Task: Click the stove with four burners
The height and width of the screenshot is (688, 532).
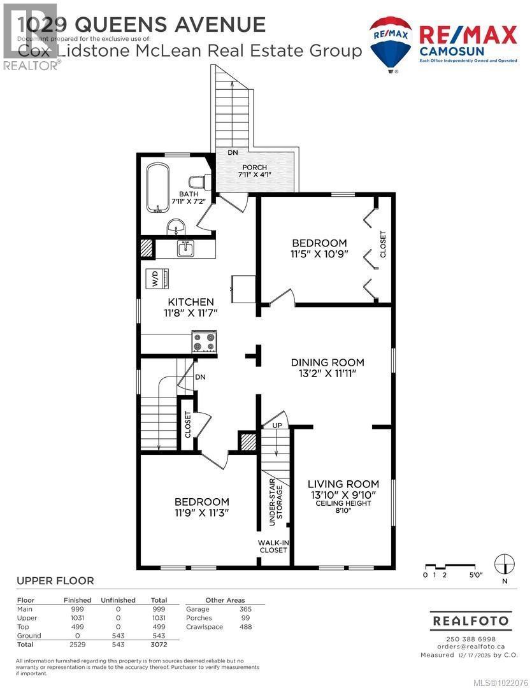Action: tap(205, 342)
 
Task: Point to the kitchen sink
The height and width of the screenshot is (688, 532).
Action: tap(185, 248)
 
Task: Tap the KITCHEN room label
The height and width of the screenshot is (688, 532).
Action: tap(191, 302)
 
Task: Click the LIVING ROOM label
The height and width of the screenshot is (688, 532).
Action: tap(343, 484)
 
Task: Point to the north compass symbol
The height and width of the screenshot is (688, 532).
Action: tap(505, 563)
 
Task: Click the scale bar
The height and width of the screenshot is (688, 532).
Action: tap(453, 566)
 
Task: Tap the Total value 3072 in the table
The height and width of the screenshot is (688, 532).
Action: tap(159, 645)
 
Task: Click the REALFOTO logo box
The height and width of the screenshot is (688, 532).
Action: tap(471, 620)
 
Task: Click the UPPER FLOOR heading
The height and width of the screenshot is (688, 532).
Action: tap(55, 580)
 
